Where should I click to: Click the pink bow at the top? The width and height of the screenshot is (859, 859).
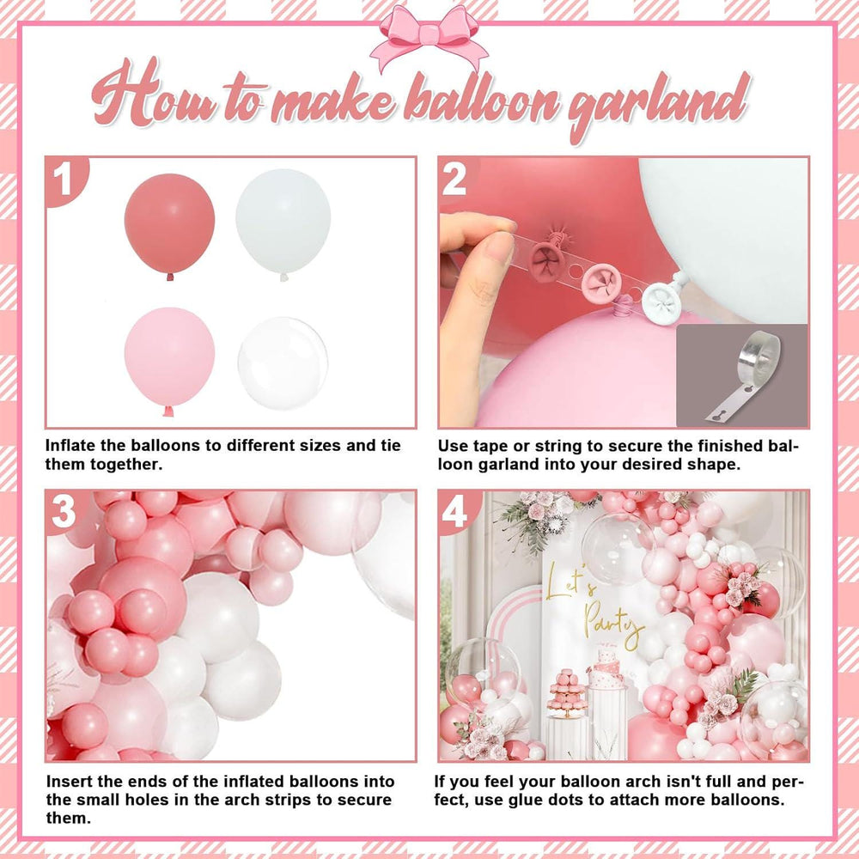429,37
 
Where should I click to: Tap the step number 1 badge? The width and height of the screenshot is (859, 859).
64,180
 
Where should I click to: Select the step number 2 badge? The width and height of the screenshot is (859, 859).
454,180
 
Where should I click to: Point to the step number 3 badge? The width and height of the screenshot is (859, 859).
64,512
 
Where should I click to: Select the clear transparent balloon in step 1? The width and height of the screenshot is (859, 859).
283,363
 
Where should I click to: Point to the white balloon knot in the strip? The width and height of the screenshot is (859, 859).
661,302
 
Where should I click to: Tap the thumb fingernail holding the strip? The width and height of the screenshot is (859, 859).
497,246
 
